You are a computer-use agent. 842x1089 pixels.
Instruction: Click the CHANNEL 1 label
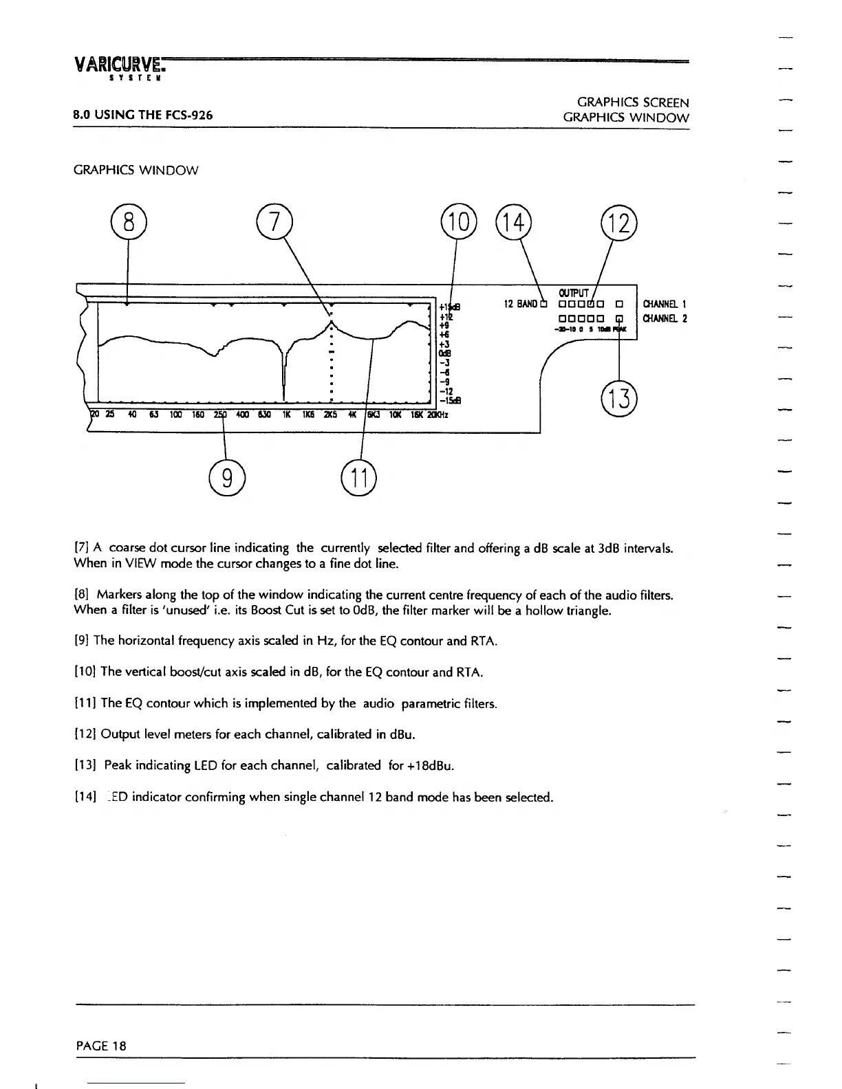(x=665, y=304)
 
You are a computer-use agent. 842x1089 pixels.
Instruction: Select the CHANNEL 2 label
(x=665, y=318)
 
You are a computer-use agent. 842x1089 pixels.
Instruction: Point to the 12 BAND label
(x=519, y=304)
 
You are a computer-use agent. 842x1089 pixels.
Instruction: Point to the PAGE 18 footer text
(x=101, y=1046)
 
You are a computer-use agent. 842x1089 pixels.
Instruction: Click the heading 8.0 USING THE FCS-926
(x=143, y=115)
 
